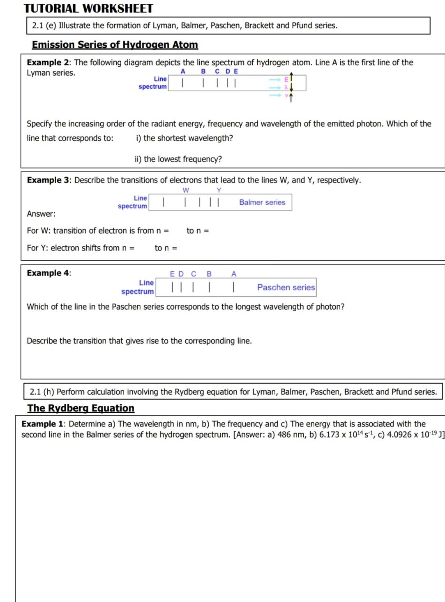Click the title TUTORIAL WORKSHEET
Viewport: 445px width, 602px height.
pos(88,8)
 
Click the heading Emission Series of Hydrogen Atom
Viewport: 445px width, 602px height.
pos(115,44)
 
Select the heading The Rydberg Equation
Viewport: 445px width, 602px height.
pos(81,408)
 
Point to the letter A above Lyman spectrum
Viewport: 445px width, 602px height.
pos(183,71)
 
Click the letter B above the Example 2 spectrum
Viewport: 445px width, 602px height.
pos(203,71)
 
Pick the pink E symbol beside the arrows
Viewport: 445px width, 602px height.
pos(286,79)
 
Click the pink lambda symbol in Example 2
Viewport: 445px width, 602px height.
pos(286,87)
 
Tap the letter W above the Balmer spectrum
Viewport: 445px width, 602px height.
pos(186,190)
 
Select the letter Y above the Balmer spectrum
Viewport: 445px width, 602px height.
pos(219,190)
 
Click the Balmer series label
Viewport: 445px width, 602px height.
pos(262,202)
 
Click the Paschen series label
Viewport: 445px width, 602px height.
pos(286,287)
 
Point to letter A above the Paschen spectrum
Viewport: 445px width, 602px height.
pos(234,274)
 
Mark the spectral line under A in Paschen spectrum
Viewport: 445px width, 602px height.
pos(233,287)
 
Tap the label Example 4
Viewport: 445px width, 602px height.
pos(48,273)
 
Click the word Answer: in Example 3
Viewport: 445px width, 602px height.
pos(41,214)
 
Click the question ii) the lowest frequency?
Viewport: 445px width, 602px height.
pos(178,159)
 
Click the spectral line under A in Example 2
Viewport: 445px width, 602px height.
pos(182,83)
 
